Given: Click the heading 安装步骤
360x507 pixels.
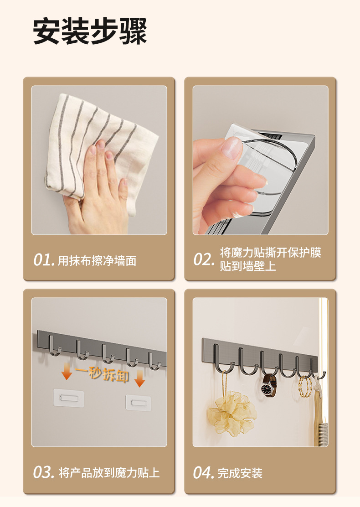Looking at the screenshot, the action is pyautogui.click(x=90, y=31).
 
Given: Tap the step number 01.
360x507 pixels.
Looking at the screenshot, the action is pyautogui.click(x=44, y=259).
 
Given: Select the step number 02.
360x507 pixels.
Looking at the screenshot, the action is pyautogui.click(x=204, y=259).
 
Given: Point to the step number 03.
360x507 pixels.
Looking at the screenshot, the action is pyautogui.click(x=44, y=472).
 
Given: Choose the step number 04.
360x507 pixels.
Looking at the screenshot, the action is pyautogui.click(x=204, y=472).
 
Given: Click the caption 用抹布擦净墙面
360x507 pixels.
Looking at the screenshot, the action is pyautogui.click(x=97, y=261).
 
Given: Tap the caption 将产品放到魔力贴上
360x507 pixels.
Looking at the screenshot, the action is pyautogui.click(x=109, y=473).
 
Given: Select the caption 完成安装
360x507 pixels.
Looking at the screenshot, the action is pyautogui.click(x=240, y=473).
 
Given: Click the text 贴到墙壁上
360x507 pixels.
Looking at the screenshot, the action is pyautogui.click(x=248, y=266).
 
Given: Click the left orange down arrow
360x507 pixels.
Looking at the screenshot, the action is pyautogui.click(x=67, y=371).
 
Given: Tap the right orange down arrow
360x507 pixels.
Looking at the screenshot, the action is pyautogui.click(x=139, y=378).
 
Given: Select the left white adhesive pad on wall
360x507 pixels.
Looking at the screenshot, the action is pyautogui.click(x=68, y=398).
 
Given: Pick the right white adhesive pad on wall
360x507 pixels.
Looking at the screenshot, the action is pyautogui.click(x=139, y=403).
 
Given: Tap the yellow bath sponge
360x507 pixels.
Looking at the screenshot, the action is pyautogui.click(x=232, y=412).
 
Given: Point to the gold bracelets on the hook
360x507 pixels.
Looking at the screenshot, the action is pyautogui.click(x=305, y=387).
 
